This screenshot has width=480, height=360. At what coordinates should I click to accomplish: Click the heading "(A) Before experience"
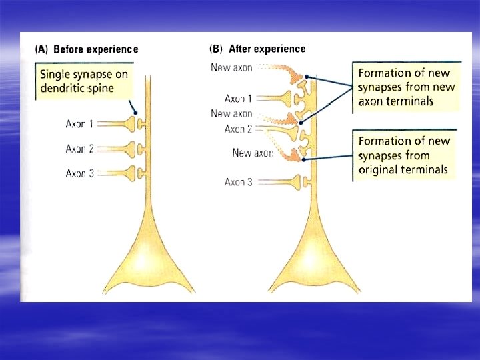click(87, 49)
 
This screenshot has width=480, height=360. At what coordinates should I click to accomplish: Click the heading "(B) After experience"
click(257, 49)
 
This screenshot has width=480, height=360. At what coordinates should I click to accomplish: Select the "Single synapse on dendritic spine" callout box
click(85, 81)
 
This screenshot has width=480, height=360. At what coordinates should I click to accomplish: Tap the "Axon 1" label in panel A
click(80, 123)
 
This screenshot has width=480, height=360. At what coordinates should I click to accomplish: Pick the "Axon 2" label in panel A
click(80, 149)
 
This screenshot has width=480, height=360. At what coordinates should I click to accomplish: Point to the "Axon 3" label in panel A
click(80, 173)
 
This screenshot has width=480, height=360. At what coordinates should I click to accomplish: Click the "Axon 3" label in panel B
click(239, 181)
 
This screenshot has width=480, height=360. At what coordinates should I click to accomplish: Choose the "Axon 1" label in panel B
click(239, 99)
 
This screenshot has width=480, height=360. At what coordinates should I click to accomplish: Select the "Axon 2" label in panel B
click(239, 129)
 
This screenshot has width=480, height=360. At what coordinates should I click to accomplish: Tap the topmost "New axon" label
click(231, 67)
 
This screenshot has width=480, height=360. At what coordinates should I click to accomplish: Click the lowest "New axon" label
click(253, 153)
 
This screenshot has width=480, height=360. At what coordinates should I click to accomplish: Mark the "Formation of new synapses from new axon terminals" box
click(405, 87)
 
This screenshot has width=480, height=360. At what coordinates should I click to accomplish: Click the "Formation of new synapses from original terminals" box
click(405, 155)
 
